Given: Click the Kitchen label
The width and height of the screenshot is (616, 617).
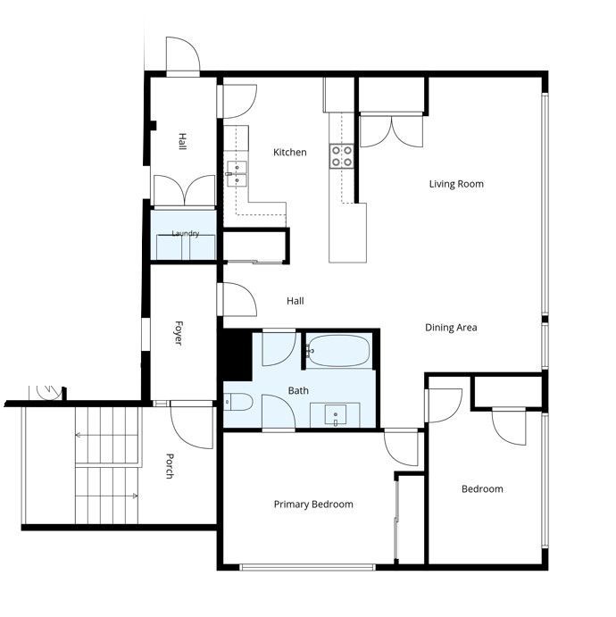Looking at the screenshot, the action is (x=290, y=153).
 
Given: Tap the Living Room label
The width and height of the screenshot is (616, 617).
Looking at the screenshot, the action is (x=456, y=184).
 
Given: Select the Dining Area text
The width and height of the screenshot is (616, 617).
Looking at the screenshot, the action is (x=451, y=328).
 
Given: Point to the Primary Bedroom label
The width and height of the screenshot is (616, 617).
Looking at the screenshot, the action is (x=313, y=504).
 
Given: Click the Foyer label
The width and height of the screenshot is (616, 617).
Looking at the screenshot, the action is (x=179, y=333).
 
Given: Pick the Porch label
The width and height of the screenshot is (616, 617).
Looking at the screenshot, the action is (x=170, y=466).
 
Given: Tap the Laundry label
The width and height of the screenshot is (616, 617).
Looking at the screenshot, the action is (x=186, y=233).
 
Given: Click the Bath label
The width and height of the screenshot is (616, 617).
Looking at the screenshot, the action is (x=298, y=391).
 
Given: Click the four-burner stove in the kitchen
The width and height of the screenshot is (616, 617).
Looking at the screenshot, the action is (x=341, y=156).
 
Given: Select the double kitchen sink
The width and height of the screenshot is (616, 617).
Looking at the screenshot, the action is (x=237, y=173).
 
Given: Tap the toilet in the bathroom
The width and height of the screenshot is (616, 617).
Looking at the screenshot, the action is (x=238, y=402).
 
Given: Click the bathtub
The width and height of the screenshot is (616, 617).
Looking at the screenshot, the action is (x=338, y=351).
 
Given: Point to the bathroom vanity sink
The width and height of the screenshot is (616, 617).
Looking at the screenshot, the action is (x=335, y=414).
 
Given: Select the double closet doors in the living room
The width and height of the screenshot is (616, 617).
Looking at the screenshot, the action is (x=391, y=131).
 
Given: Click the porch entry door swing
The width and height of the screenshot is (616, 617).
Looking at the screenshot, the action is (x=192, y=425).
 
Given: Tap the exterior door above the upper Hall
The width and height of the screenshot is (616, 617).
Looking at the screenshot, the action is (x=183, y=54).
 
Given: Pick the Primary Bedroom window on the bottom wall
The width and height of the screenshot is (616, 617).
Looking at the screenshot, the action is (x=308, y=567).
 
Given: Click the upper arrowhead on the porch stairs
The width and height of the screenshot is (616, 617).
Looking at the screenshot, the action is (x=78, y=435).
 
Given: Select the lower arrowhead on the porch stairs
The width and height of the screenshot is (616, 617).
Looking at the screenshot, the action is (x=135, y=496).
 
